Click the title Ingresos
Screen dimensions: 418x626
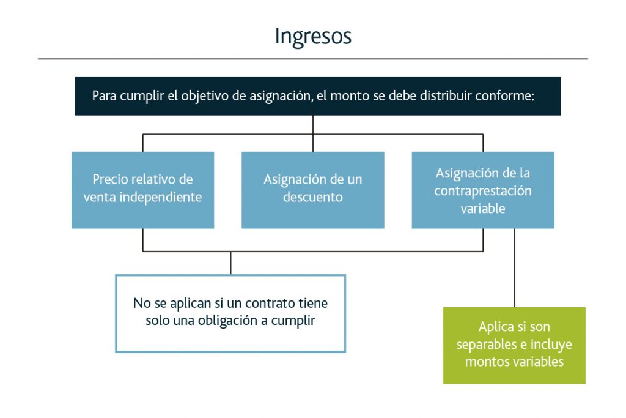pyautogui.click(x=312, y=36)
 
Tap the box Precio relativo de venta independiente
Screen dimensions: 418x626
pyautogui.click(x=142, y=190)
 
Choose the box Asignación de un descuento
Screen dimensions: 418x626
pyautogui.click(x=312, y=190)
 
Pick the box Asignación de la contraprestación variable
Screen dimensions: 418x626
pyautogui.click(x=482, y=190)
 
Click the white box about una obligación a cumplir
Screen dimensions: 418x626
pyautogui.click(x=230, y=313)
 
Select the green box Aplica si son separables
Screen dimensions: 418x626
pyautogui.click(x=514, y=345)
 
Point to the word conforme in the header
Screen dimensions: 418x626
pyautogui.click(x=509, y=96)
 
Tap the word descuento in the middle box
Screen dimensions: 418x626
pyautogui.click(x=312, y=198)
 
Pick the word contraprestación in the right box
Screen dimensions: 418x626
pyautogui.click(x=483, y=190)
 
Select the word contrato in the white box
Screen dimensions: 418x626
pyautogui.click(x=274, y=303)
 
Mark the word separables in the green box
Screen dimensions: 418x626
pyautogui.click(x=486, y=345)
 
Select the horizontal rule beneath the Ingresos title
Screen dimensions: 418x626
pyautogui.click(x=312, y=59)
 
